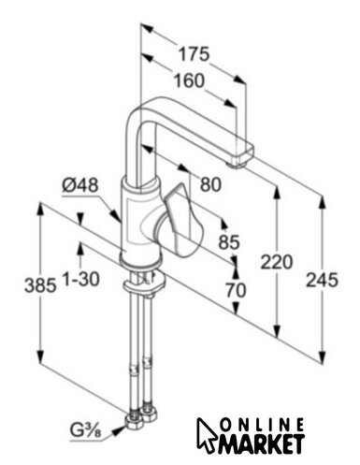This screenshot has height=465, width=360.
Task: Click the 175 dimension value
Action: click(x=194, y=54)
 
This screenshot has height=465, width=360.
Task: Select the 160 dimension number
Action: click(x=189, y=80)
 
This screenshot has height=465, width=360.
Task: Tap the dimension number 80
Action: click(x=210, y=184)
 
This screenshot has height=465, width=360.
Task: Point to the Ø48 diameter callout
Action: click(x=80, y=185)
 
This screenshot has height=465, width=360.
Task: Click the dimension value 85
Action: click(x=229, y=241)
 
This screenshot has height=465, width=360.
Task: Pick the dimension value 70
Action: click(x=236, y=290)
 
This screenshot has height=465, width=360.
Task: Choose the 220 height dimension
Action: click(x=277, y=262)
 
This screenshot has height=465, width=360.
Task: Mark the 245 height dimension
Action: click(x=322, y=280)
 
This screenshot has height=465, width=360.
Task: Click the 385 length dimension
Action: click(x=40, y=285)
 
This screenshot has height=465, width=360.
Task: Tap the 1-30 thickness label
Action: click(x=81, y=279)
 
